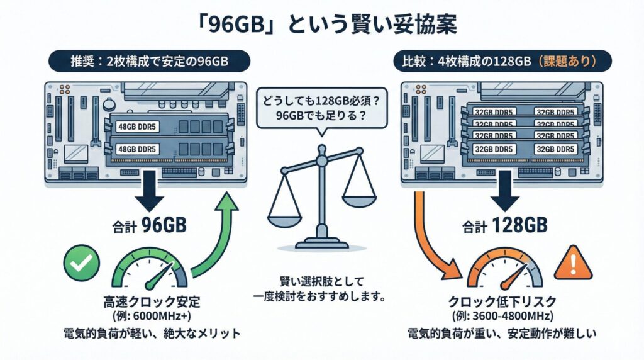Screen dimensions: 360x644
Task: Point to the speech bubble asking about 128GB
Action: click(x=321, y=107)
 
